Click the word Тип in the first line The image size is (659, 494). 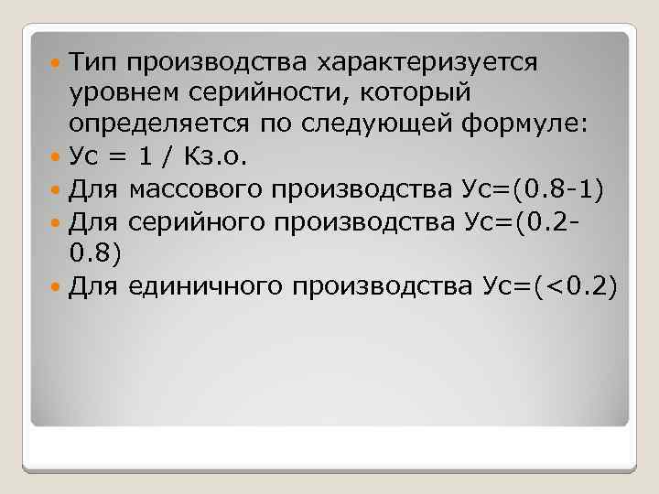pos(95,63)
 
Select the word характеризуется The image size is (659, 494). pos(428,63)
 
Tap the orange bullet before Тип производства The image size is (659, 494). pos(59,64)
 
